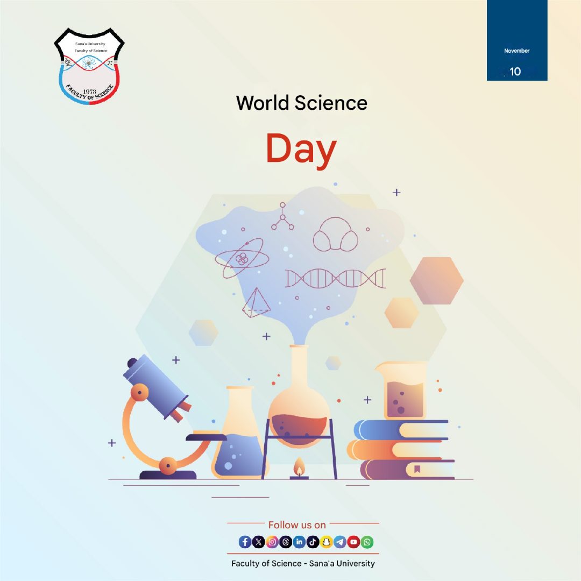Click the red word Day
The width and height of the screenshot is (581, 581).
click(301, 150)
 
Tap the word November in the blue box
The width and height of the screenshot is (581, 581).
click(516, 51)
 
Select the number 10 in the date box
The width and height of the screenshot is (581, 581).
click(515, 72)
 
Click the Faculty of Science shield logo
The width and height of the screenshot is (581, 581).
click(89, 66)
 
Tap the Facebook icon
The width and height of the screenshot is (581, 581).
click(245, 542)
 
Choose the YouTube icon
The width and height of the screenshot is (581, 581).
click(353, 542)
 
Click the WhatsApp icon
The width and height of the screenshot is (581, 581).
click(367, 542)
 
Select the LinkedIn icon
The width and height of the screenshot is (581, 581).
click(299, 542)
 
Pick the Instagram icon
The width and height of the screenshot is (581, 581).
click(272, 542)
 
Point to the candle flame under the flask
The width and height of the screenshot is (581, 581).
click(299, 467)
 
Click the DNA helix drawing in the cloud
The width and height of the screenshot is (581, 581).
click(335, 278)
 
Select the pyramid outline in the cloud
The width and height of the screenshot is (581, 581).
click(256, 303)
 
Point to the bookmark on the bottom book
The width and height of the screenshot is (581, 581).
click(417, 469)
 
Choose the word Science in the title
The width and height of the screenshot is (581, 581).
click(331, 103)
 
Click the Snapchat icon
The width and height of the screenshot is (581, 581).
click(326, 542)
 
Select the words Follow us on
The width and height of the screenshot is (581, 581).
click(297, 525)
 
